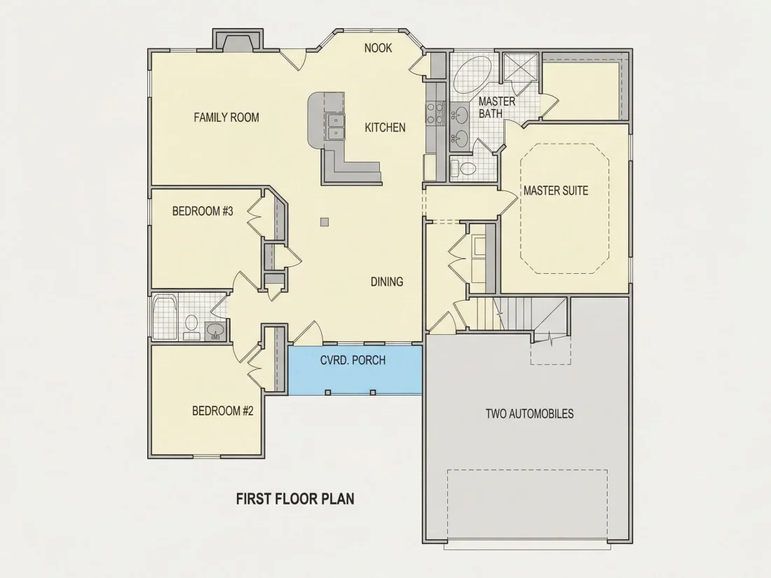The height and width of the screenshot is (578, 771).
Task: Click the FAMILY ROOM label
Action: click(x=226, y=118)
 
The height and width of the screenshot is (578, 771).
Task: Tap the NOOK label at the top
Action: click(x=378, y=48)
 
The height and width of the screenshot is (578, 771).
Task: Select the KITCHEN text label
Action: click(x=385, y=128)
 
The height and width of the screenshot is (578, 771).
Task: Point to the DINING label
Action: click(x=387, y=282)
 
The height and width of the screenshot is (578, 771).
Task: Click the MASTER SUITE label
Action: click(x=556, y=190)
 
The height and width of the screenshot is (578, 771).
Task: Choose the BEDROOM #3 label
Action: click(x=203, y=212)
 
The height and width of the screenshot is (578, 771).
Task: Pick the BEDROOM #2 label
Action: click(x=223, y=411)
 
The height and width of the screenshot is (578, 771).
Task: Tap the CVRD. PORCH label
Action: click(x=353, y=360)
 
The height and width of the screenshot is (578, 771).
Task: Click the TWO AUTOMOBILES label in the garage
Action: click(x=530, y=413)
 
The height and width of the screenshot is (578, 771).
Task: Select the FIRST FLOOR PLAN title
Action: click(x=295, y=499)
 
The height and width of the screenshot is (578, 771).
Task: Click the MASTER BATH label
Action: click(x=497, y=107)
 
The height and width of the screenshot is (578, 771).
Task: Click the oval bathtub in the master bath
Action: click(x=472, y=75)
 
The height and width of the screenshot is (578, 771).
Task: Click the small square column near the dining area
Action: click(x=325, y=222)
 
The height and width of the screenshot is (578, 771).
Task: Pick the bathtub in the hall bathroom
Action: click(x=165, y=317)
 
